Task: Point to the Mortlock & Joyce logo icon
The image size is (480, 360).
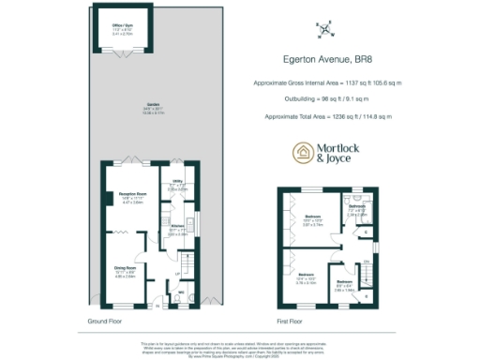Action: [x=303, y=154]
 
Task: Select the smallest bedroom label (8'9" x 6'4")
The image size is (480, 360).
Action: [x=344, y=283]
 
